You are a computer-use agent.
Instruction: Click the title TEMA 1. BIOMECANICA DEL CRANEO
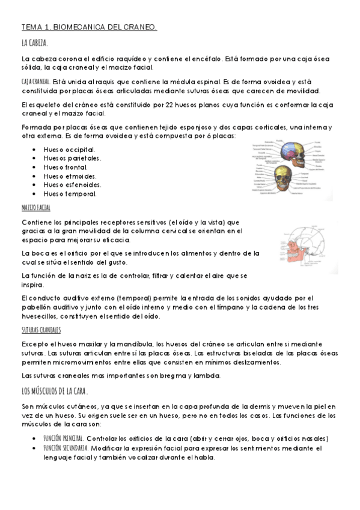pos(89,27)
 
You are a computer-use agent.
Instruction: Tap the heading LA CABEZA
pos(34,43)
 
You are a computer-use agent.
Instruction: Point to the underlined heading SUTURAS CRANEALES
pos(41,330)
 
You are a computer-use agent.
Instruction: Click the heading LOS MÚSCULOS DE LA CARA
pos(55,392)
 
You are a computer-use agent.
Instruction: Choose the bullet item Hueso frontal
pos(66,167)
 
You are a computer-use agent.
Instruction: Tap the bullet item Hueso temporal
pos(70,194)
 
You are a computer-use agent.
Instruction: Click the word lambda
pos(208,376)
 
